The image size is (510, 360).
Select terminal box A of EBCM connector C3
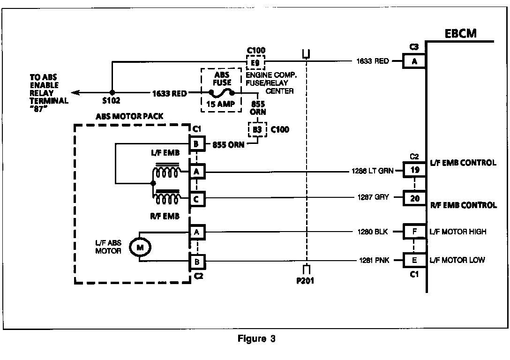pyautogui.click(x=414, y=60)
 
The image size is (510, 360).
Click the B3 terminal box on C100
pyautogui.click(x=257, y=128)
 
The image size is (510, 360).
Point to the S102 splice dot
pyautogui.click(x=112, y=93)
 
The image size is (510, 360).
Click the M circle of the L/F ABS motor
pyautogui.click(x=139, y=246)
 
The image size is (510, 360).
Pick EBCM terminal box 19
pyautogui.click(x=414, y=170)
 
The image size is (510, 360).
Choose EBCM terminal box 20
pyautogui.click(x=414, y=198)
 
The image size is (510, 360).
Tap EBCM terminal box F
pyautogui.click(x=414, y=231)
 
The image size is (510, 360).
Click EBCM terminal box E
pyautogui.click(x=414, y=260)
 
